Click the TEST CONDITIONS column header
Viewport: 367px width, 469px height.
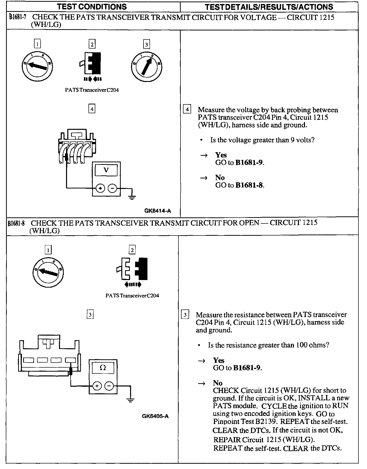click(92, 7)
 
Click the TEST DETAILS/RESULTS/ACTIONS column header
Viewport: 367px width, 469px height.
click(269, 7)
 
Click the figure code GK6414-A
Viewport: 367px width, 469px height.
click(158, 211)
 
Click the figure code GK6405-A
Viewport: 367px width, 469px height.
click(155, 416)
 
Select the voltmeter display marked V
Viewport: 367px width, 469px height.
click(106, 170)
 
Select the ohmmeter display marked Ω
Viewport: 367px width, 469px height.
click(103, 368)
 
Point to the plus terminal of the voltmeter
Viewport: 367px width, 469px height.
click(100, 188)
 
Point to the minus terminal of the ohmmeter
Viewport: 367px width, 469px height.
click(109, 386)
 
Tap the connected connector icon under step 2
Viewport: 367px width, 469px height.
click(92, 63)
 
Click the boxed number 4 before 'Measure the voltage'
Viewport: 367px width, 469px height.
click(187, 110)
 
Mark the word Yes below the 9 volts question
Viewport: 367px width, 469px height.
click(221, 155)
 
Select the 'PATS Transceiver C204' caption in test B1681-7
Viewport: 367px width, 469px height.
click(92, 90)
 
